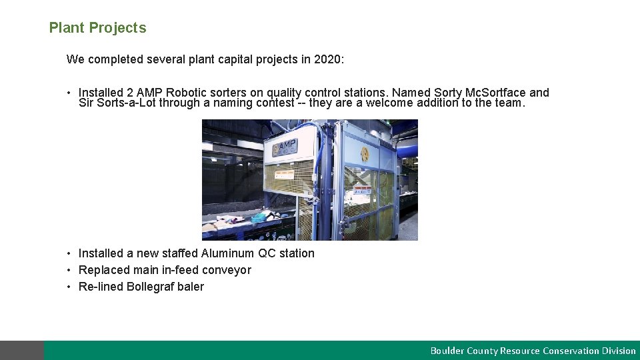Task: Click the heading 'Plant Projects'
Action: click(x=97, y=28)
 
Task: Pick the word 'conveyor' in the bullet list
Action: click(x=227, y=270)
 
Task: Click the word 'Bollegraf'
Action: click(x=151, y=287)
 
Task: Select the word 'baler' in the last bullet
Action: click(x=191, y=287)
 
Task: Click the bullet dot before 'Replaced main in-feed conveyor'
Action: click(x=69, y=270)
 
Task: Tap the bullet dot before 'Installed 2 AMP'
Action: click(x=69, y=93)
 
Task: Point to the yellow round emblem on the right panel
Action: click(x=365, y=153)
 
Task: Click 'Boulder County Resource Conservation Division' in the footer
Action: click(x=533, y=351)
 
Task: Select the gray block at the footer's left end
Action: click(x=22, y=350)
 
